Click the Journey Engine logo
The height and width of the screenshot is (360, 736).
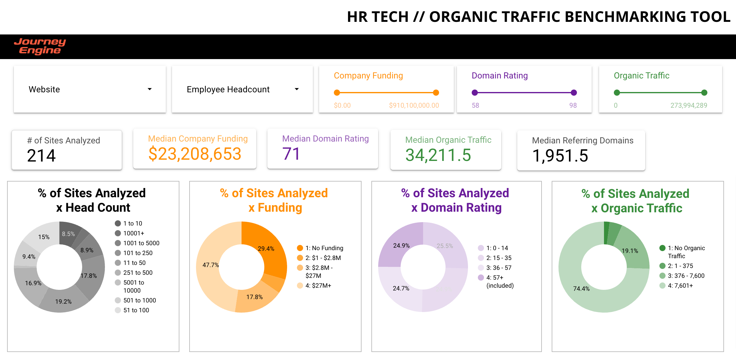pos(40,46)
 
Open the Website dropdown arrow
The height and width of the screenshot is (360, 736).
pos(150,89)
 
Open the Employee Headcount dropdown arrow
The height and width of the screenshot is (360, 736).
pos(297,89)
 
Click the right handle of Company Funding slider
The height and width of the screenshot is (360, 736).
pos(436,93)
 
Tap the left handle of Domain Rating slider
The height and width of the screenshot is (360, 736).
pos(475,93)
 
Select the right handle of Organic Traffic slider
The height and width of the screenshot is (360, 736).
pos(704,93)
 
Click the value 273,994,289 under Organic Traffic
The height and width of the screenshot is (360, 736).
pos(689,106)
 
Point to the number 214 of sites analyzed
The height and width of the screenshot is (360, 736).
pos(41,155)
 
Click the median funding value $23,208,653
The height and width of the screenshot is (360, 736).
pos(194,154)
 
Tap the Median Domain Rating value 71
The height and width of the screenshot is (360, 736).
pos(291,154)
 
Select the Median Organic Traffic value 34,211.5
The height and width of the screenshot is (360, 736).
pos(438,155)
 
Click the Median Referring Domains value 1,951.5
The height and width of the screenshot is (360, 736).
pos(560,156)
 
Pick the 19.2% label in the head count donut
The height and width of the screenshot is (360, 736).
pos(63,302)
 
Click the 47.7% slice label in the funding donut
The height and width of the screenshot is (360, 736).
pos(210,265)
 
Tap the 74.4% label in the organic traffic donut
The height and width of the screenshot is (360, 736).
pos(581,289)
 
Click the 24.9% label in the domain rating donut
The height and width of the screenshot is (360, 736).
pos(401,246)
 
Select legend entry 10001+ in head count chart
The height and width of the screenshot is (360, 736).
pos(134,233)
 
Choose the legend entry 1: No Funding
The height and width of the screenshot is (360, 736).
pos(324,248)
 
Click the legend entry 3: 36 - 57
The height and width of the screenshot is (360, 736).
pos(498,268)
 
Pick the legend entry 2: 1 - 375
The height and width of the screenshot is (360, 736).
pos(680,266)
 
